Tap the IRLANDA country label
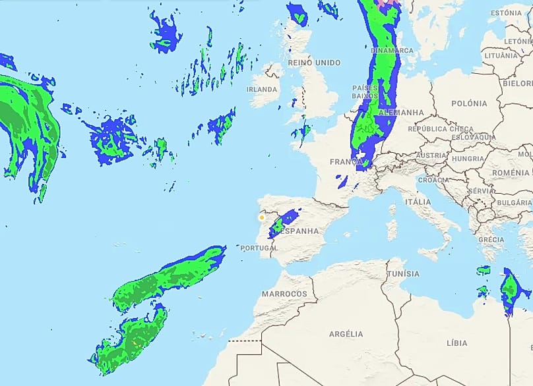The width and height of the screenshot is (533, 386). pyautogui.click(x=262, y=89)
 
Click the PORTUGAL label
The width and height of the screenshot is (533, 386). pyautogui.click(x=259, y=248)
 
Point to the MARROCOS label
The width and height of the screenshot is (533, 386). pyautogui.click(x=285, y=293)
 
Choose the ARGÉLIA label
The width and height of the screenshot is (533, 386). pyautogui.click(x=346, y=334)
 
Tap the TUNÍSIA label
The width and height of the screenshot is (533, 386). pyautogui.click(x=403, y=274)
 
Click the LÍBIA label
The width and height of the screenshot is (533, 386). pyautogui.click(x=456, y=343)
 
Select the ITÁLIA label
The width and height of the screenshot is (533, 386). pyautogui.click(x=418, y=202)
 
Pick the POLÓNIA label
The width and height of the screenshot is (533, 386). pyautogui.click(x=470, y=103)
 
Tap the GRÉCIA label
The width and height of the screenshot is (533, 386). pyautogui.click(x=491, y=239)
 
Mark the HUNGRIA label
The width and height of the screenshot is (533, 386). pyautogui.click(x=467, y=159)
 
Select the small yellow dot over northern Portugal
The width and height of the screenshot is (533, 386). pyautogui.click(x=262, y=217)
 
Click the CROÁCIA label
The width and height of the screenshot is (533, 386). pyautogui.click(x=433, y=180)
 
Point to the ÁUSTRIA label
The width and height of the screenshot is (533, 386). pyautogui.click(x=431, y=155)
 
